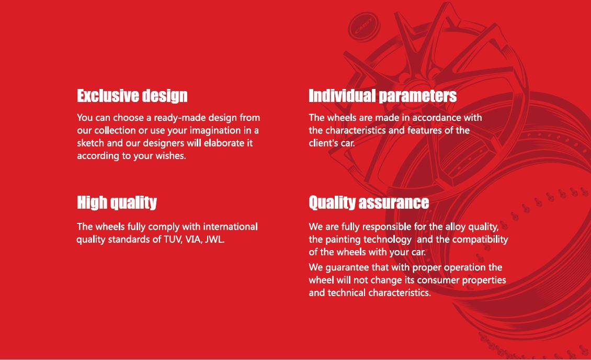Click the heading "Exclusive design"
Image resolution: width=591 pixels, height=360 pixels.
(x=132, y=96)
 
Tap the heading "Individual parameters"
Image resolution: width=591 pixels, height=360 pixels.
(x=382, y=96)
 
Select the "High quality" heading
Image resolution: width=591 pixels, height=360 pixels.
(x=117, y=203)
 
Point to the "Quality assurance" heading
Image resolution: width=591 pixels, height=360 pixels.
(x=369, y=203)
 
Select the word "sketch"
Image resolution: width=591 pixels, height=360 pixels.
(x=90, y=143)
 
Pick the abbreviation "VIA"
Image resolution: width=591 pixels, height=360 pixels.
(x=192, y=239)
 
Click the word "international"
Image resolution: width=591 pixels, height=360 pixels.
(x=230, y=227)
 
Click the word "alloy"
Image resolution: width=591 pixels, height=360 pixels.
(x=456, y=227)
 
